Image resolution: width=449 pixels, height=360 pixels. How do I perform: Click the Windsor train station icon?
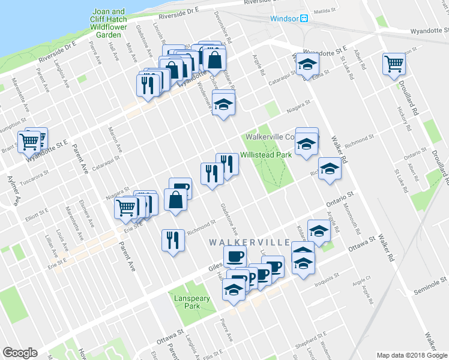(304, 19)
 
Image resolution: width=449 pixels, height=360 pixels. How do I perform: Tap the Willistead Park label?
(265, 155)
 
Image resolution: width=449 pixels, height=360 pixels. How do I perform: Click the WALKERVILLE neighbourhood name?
(250, 242)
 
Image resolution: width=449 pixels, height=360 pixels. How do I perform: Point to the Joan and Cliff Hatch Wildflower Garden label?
(109, 23)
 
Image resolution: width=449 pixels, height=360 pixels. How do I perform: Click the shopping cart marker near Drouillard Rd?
(394, 63)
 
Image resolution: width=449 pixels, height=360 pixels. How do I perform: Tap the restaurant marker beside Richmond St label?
(172, 240)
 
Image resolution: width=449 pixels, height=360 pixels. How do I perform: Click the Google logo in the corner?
(20, 353)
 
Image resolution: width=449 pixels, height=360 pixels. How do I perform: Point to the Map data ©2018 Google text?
(412, 355)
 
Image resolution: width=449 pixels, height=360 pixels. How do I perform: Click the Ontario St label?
(337, 197)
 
